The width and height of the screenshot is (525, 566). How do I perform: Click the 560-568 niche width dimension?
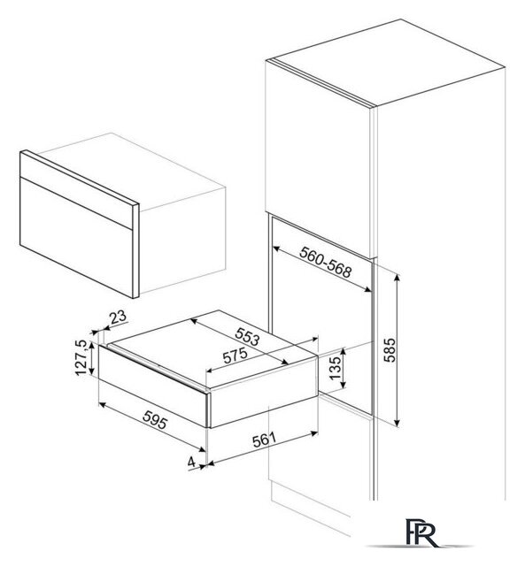click(325, 263)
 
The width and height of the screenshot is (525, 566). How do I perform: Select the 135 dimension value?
click(335, 368)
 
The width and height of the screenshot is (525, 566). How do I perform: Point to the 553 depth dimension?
click(248, 336)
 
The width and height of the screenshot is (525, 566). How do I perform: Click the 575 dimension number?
click(235, 356)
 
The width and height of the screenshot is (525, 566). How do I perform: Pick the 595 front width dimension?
click(155, 420)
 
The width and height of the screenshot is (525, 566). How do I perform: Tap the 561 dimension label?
click(264, 440)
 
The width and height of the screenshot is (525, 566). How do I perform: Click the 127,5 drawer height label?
click(81, 357)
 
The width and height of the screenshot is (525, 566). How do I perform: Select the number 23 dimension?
click(118, 317)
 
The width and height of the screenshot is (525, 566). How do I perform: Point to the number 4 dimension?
click(191, 462)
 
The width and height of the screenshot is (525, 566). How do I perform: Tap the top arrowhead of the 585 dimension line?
click(398, 278)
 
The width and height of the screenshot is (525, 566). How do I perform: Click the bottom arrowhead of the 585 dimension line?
click(398, 422)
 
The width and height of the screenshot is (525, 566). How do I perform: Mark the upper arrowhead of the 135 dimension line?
click(344, 352)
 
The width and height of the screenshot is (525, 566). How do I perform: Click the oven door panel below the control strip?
click(77, 236)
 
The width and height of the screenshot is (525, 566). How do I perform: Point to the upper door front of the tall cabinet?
click(319, 159)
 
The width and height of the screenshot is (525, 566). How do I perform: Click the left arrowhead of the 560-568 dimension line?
click(276, 249)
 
